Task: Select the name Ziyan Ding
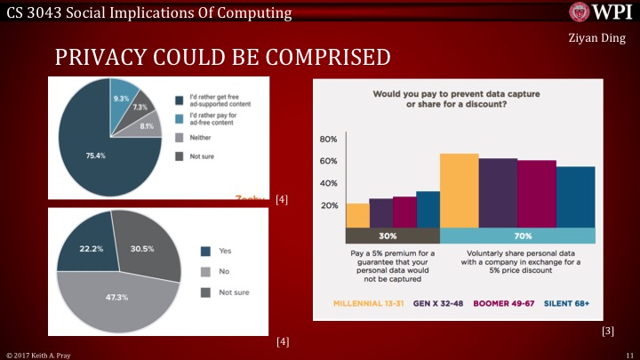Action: [593, 39]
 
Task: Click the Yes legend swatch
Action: [206, 251]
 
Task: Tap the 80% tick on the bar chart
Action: [329, 140]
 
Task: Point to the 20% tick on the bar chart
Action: [329, 205]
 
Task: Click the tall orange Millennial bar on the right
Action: [459, 190]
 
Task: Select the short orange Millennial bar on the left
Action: [357, 215]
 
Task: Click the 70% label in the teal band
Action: [523, 236]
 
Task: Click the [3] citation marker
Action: [608, 331]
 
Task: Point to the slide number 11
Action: [628, 355]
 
